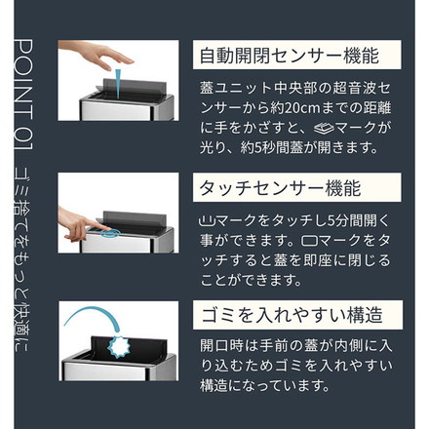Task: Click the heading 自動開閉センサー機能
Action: click(289, 56)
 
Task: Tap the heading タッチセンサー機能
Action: click(280, 188)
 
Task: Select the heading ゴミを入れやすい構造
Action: click(292, 315)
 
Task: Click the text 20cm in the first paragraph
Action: click(302, 108)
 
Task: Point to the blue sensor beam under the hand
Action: click(118, 83)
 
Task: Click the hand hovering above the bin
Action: click(97, 54)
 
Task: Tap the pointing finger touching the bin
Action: click(81, 224)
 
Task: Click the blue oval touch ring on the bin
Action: click(110, 233)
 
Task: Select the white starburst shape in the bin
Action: click(120, 347)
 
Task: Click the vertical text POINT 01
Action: click(23, 95)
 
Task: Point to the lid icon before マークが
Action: click(324, 129)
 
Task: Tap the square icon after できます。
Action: click(309, 241)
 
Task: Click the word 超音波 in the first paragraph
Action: click(353, 89)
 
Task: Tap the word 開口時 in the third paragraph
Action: click(220, 346)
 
